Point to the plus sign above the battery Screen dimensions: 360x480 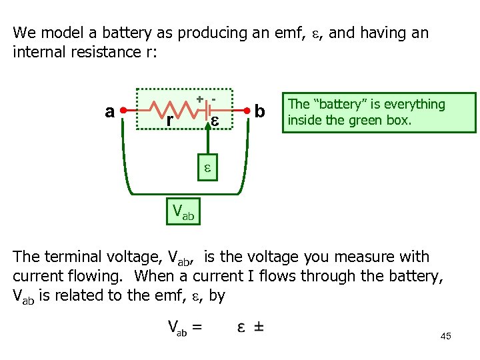tap(199, 99)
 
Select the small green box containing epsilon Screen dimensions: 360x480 tap(207, 169)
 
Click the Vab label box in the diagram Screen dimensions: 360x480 tap(183, 212)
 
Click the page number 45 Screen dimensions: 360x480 tap(445, 337)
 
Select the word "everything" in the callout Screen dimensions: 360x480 tap(413, 104)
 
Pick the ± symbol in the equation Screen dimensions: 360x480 tap(258, 327)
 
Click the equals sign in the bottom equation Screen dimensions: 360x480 tap(197, 327)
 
